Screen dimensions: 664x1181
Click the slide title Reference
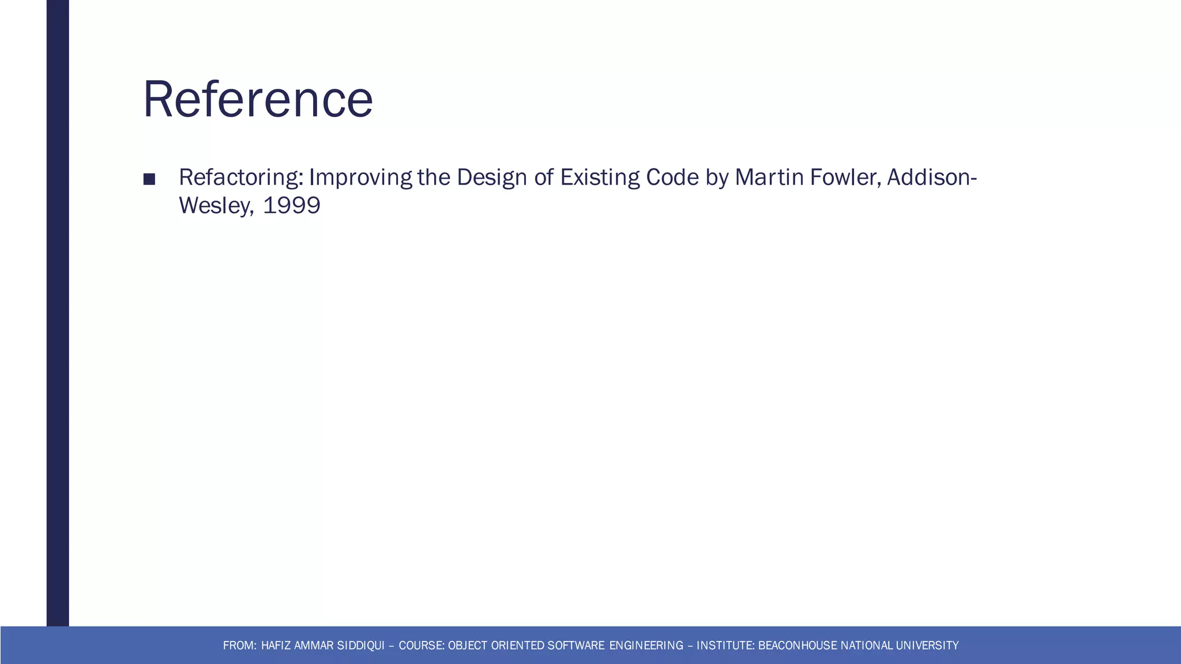tap(258, 99)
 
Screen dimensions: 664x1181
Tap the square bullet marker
tap(149, 179)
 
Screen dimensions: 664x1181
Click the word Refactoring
tap(241, 178)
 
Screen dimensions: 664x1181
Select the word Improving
tap(360, 178)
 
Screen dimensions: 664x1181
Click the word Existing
tap(600, 178)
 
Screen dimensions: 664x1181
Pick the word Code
tap(672, 178)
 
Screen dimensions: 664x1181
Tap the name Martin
tap(769, 178)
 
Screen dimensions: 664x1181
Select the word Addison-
tap(932, 178)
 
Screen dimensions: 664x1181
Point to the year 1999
tap(291, 205)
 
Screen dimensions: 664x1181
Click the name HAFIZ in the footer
tap(276, 646)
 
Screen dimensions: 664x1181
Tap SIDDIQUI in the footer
tap(360, 646)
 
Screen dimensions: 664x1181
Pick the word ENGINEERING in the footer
tap(646, 646)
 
